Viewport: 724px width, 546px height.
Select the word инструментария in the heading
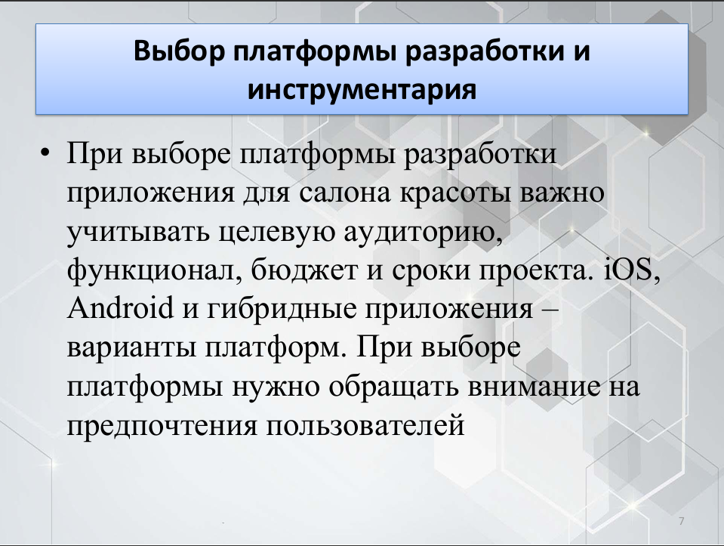point(362,89)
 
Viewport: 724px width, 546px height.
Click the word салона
point(344,193)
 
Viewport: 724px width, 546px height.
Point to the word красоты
point(455,193)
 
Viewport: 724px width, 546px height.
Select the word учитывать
point(139,233)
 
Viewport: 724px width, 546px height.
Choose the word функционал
point(155,270)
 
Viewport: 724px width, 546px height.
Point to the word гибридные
point(282,309)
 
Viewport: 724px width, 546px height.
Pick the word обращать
point(394,386)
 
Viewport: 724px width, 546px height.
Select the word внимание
point(535,386)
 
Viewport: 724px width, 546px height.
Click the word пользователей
point(365,426)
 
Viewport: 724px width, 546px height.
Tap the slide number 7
point(682,521)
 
